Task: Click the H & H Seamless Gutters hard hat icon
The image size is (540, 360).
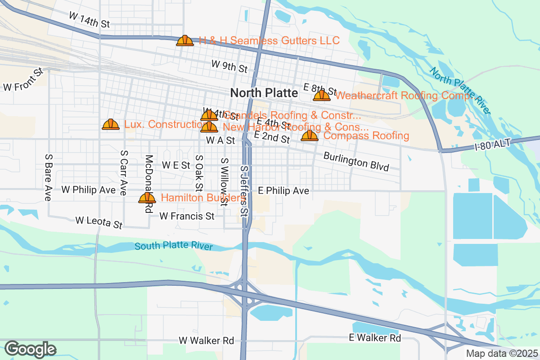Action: click(x=185, y=40)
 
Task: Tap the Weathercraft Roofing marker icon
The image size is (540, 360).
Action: click(x=322, y=95)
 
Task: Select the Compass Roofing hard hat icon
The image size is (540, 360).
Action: click(x=310, y=135)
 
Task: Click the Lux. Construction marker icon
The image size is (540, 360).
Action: click(x=111, y=124)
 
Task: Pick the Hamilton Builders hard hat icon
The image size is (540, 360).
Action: click(x=147, y=198)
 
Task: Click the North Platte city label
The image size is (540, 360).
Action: click(x=264, y=93)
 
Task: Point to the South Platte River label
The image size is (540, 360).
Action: click(x=174, y=246)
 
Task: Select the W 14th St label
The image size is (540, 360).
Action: click(x=89, y=20)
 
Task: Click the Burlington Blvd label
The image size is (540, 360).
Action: click(x=356, y=162)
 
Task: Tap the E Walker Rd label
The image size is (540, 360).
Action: click(x=375, y=337)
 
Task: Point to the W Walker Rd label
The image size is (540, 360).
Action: click(x=207, y=341)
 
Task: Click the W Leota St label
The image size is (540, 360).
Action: click(x=99, y=222)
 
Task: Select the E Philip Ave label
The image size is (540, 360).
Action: click(x=283, y=191)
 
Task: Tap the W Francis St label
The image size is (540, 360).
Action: click(x=187, y=216)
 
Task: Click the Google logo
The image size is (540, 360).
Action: click(x=30, y=349)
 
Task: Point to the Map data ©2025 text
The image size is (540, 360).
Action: click(x=501, y=353)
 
